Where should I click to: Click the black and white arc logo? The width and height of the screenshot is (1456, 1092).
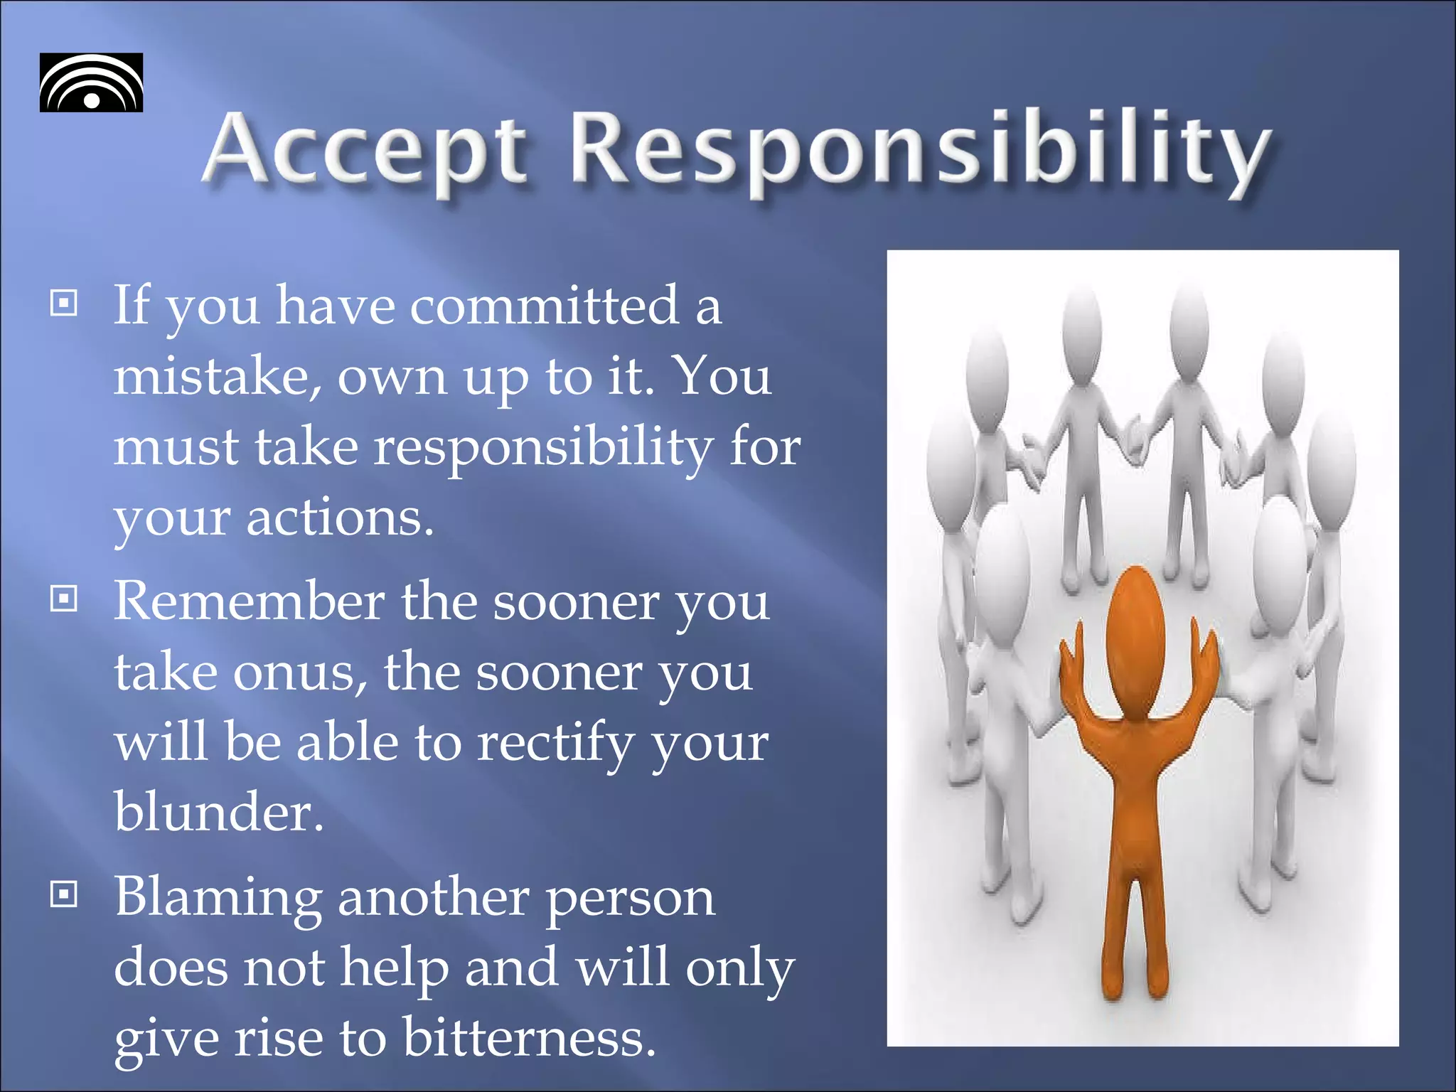(x=91, y=82)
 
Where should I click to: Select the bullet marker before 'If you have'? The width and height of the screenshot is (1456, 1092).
(x=64, y=304)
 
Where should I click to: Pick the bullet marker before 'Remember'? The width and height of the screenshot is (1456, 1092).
(x=64, y=599)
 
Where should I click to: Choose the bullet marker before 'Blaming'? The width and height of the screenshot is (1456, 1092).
(x=64, y=894)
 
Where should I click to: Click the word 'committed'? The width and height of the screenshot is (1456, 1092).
(x=545, y=306)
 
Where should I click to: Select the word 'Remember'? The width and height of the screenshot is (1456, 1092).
(x=249, y=601)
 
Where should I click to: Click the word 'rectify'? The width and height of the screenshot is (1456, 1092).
(x=555, y=743)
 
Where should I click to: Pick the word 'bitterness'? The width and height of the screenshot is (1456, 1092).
(x=529, y=1037)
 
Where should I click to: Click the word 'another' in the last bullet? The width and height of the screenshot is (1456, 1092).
(x=434, y=897)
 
